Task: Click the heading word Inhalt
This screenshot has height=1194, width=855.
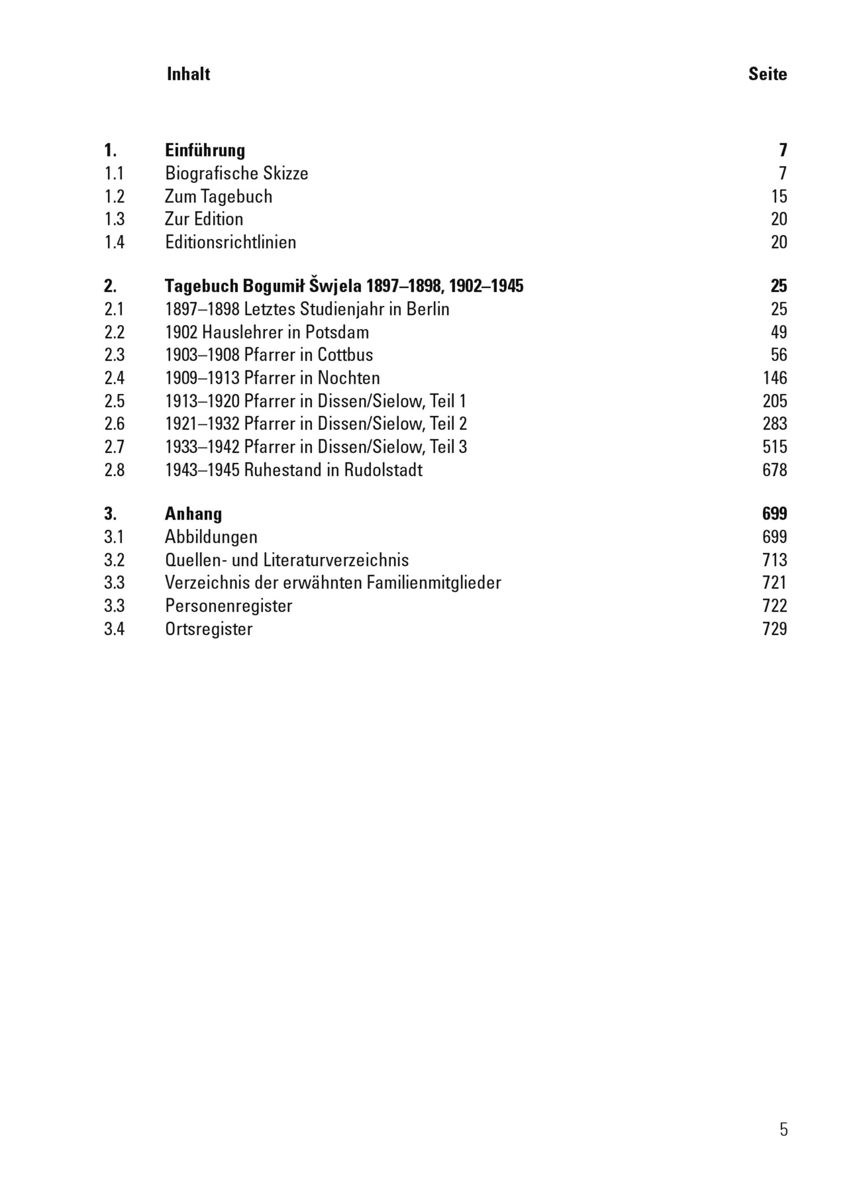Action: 188,74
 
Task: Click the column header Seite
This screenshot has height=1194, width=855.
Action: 767,74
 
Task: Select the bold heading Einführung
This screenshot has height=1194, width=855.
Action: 205,151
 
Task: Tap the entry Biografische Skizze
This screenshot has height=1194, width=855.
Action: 237,173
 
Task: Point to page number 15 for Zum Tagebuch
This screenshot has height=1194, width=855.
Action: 779,196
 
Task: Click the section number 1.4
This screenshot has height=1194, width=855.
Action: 114,242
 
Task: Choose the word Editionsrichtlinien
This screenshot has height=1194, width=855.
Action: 230,242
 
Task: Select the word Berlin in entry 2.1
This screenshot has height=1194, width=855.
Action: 428,309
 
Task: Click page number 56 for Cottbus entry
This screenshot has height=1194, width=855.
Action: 779,355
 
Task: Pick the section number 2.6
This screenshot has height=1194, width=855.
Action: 114,424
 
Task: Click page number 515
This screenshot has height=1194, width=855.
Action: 775,447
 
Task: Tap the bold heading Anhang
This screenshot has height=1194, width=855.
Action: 193,514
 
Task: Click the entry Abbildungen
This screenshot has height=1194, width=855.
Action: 211,537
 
